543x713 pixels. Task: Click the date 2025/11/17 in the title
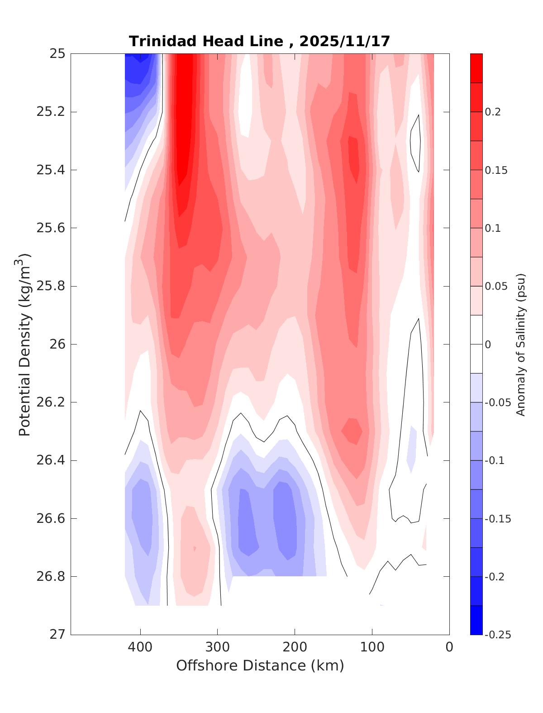point(344,42)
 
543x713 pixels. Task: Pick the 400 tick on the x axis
point(140,647)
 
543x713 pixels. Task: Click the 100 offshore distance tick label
point(372,647)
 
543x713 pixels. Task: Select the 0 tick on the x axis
point(449,647)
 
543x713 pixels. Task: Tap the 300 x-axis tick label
point(218,647)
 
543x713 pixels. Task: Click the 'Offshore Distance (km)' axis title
point(260,666)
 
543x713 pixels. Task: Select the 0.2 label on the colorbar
point(493,112)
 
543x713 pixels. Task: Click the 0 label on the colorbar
point(488,345)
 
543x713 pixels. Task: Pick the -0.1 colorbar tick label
point(494,461)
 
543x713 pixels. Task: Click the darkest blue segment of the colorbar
point(476,620)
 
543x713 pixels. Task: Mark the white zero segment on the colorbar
point(476,344)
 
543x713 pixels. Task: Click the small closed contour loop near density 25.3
point(415,143)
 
